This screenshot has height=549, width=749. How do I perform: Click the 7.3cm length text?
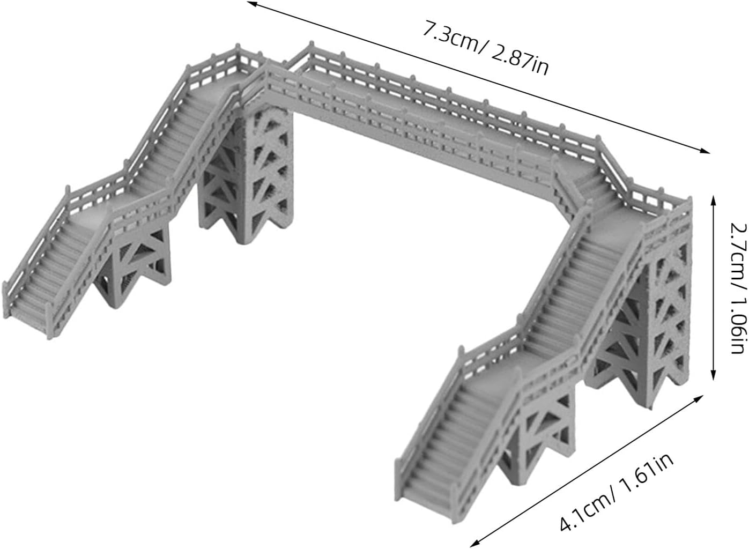[x=451, y=36]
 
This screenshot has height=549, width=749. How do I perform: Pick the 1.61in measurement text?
[x=647, y=458]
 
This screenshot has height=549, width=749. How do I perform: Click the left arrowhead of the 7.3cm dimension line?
[x=252, y=4]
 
